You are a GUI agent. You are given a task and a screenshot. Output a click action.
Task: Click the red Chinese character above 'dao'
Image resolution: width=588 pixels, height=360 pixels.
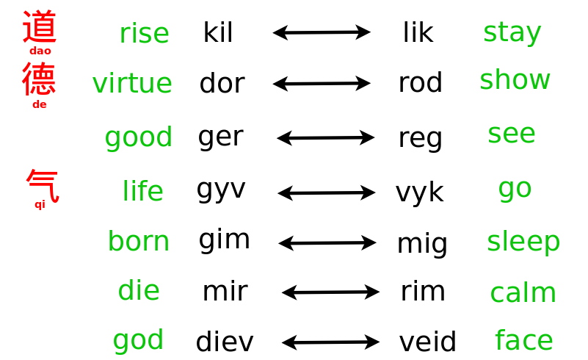pos(40,26)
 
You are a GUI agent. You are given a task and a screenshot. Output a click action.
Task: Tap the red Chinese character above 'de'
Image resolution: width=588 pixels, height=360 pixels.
pos(39,79)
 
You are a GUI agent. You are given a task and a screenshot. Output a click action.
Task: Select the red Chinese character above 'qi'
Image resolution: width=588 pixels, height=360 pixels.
pos(43,186)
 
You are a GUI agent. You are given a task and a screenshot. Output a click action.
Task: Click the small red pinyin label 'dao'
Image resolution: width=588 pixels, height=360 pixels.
pos(40,51)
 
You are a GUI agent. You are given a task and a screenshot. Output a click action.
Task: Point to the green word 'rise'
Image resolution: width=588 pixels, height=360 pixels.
pos(145,33)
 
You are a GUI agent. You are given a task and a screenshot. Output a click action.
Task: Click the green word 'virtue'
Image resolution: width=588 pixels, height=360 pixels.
pos(132,83)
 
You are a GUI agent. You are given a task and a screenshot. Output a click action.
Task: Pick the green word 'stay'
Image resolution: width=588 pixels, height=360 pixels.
pos(512,33)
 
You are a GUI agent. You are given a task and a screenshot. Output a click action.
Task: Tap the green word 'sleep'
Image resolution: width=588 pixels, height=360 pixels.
pos(523,241)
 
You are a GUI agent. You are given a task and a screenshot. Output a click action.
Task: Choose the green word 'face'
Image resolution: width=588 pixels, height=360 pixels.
pos(524,339)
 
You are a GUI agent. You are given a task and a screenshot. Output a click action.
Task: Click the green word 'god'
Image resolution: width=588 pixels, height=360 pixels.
pos(139,340)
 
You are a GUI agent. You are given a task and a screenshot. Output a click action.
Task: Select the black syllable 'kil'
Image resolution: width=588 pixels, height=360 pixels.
pos(218,32)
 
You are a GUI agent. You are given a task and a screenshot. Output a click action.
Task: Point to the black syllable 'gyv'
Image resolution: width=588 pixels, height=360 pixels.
pos(221,190)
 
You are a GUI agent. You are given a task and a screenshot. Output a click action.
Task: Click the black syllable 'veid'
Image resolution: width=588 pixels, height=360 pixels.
pos(427,341)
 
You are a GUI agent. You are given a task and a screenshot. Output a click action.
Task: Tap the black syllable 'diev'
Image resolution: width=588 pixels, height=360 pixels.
pos(225,341)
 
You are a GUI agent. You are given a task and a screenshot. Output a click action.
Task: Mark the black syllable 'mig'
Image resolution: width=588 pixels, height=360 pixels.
pos(422,245)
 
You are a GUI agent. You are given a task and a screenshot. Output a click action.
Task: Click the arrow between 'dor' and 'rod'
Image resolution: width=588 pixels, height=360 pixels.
pos(322,83)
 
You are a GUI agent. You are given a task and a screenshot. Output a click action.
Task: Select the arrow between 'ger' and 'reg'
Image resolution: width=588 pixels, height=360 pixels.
pos(325,138)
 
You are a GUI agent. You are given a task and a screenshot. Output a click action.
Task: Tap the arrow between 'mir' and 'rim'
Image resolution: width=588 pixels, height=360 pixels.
pos(330,292)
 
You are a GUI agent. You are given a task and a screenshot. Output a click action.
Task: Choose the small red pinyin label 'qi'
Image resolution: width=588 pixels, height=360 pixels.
pos(40,205)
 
